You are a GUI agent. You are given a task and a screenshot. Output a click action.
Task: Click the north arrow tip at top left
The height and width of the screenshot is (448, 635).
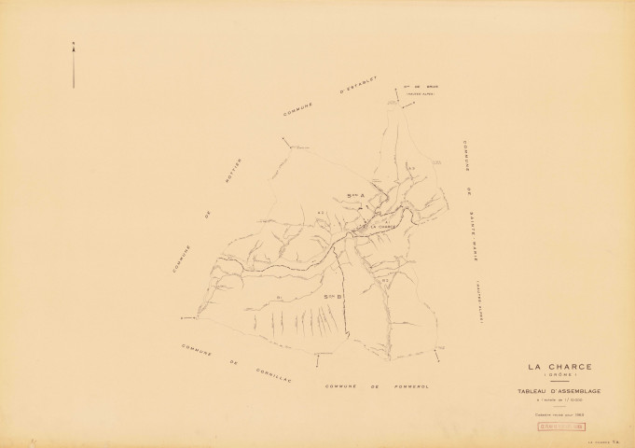pos(74,41)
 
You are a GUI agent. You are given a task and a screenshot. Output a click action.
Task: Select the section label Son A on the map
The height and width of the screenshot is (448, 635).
pos(352,195)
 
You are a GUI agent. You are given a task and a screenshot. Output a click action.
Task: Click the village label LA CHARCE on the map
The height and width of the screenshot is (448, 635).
pos(383,227)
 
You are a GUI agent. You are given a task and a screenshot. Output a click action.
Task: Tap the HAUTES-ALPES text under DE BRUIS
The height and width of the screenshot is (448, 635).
pos(424,93)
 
